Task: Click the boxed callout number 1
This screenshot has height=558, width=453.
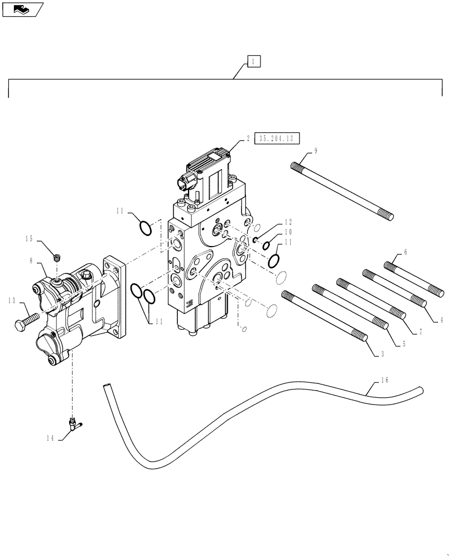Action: tap(253, 61)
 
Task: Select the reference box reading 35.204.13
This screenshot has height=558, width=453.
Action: tap(277, 139)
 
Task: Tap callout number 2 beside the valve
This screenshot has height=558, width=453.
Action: tap(247, 139)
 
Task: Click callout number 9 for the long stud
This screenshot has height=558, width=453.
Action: tap(315, 150)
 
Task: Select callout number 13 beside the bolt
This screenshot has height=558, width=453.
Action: tap(11, 301)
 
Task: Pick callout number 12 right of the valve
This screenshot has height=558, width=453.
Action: tap(288, 222)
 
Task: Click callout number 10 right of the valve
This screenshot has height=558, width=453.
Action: tap(288, 231)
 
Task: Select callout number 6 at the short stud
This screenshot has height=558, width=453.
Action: tap(405, 252)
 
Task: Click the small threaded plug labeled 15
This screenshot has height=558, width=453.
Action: tap(56, 257)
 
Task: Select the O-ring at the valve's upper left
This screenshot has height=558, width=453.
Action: tap(144, 228)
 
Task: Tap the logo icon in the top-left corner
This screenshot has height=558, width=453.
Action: tap(22, 9)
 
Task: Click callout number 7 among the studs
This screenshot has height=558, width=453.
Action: tap(420, 331)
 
